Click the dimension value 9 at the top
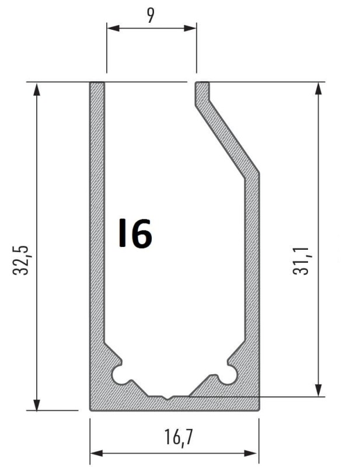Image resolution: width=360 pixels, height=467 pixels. pos(151,15)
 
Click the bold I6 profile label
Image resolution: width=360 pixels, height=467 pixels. pos(135,233)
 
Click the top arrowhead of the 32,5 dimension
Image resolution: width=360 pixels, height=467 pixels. pos(37,88)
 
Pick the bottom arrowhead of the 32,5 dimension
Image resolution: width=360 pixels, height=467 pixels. pos(37,405)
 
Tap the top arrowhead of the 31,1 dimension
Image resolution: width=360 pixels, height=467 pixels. pos(319,88)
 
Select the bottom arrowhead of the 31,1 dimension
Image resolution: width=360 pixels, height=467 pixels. pos(319,391)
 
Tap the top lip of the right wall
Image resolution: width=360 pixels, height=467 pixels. pos(202,85)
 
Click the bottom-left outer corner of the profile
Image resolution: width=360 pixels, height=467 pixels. pos(91,409)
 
